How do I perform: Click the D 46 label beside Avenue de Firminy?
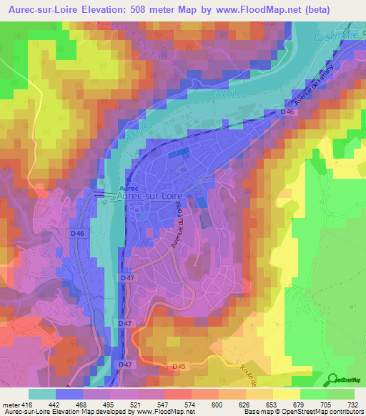coord(287,112)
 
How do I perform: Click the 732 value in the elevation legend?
coord(353,404)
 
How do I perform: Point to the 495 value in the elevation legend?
coord(109,404)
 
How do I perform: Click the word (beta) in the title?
coord(340,10)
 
